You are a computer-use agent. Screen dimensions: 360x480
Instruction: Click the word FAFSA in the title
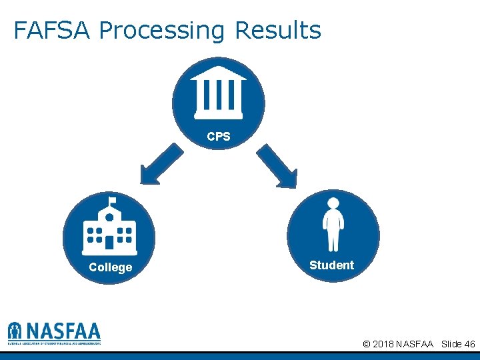tap(55, 31)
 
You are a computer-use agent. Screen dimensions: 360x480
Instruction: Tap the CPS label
tap(218, 137)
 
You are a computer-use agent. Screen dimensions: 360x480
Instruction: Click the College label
tap(110, 267)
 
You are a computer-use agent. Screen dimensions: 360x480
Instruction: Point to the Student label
tap(331, 265)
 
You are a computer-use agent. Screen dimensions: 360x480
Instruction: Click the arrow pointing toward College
tap(160, 165)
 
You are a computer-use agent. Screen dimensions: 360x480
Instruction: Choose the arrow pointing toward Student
tap(277, 165)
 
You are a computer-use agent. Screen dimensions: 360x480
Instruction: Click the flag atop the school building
tap(112, 199)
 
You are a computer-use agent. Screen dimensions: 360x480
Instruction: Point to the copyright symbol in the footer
tap(367, 344)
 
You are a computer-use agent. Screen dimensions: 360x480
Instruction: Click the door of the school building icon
tap(109, 243)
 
